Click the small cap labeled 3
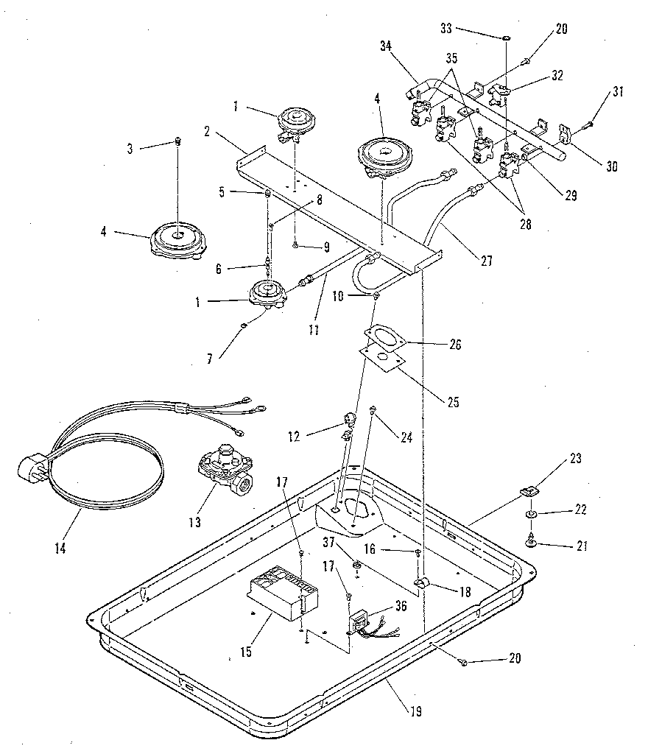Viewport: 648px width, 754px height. pyautogui.click(x=177, y=142)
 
